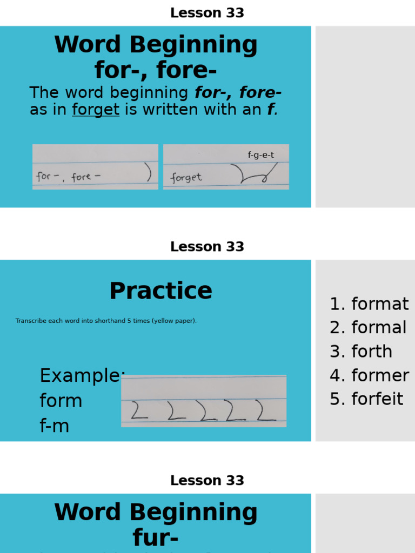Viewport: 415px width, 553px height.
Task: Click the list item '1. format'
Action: click(369, 304)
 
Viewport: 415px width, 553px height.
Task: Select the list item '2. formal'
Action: click(368, 328)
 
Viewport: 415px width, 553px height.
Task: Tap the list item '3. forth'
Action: click(361, 352)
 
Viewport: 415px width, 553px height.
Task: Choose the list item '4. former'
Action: click(369, 375)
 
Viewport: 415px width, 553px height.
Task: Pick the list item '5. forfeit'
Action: click(366, 399)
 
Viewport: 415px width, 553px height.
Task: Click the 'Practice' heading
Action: click(160, 291)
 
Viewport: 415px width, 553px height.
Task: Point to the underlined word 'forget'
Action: click(96, 110)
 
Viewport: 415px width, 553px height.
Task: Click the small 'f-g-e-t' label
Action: click(261, 155)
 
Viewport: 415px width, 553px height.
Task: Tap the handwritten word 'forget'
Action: click(186, 178)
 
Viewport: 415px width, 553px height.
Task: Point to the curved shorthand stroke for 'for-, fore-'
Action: click(148, 172)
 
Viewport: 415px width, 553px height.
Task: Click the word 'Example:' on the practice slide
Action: click(82, 375)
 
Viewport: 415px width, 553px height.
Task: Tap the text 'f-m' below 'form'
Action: click(54, 426)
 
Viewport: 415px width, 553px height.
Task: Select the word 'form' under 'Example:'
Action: click(61, 401)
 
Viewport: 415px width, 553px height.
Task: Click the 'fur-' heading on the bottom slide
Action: click(156, 538)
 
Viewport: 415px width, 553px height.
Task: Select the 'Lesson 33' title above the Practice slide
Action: click(207, 247)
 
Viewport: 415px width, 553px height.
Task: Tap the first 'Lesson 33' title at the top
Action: click(207, 13)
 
